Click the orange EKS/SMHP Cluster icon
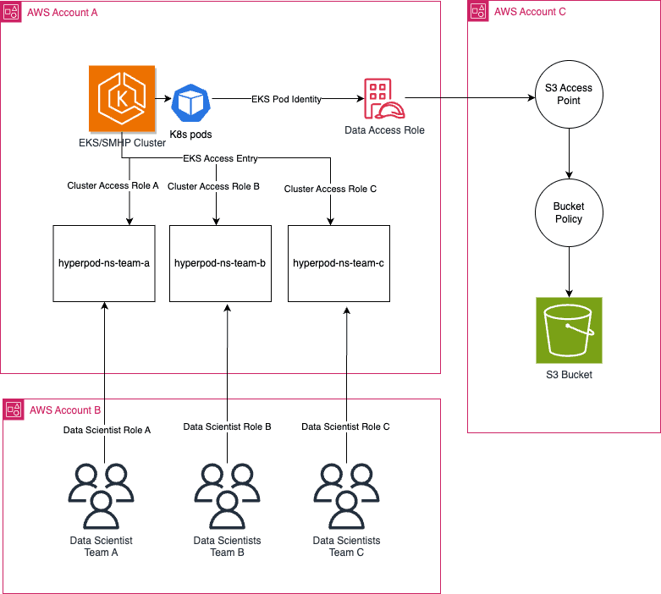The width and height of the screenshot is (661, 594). (x=122, y=100)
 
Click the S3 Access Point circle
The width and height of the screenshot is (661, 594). (x=569, y=94)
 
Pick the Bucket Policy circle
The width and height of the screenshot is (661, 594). (x=569, y=212)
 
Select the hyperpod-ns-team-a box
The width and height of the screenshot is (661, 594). (x=103, y=263)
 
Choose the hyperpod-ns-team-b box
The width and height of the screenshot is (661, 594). (x=220, y=263)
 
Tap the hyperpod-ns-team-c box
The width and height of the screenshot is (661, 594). (x=339, y=263)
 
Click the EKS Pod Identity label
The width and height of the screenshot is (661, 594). (x=286, y=99)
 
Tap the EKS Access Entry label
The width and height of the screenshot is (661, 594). (x=220, y=158)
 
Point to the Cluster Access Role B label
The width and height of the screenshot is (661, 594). (x=213, y=186)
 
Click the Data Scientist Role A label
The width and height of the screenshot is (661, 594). (x=107, y=430)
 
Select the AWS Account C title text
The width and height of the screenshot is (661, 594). (x=530, y=12)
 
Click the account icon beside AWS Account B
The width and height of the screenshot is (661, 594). (x=14, y=410)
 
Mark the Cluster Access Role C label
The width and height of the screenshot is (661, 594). (x=331, y=189)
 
